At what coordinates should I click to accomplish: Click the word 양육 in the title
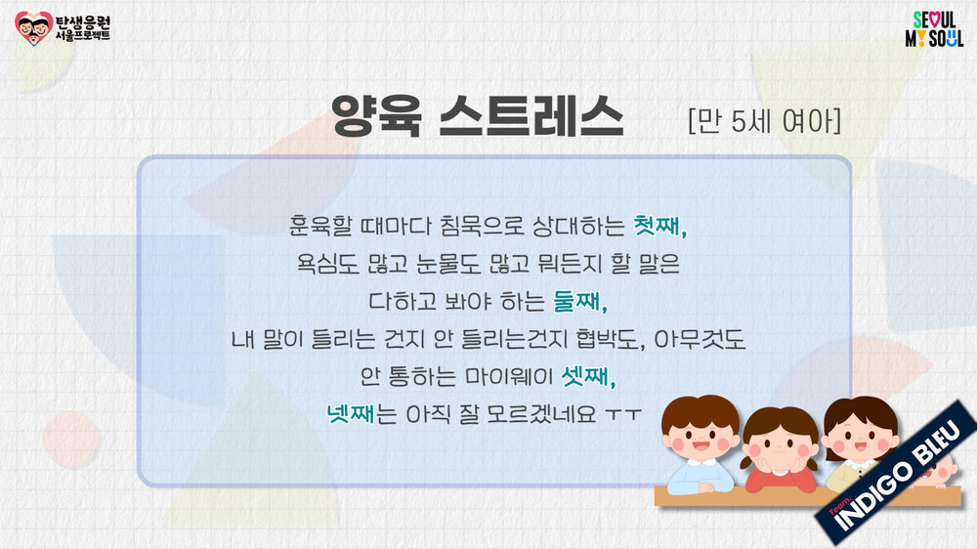376,116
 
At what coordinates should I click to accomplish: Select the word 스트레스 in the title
531,116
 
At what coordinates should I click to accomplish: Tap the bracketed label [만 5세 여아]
765,120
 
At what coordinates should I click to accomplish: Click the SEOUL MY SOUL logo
934,28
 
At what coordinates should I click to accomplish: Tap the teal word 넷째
350,413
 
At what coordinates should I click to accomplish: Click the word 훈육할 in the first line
320,226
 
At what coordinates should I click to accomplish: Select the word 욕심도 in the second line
328,264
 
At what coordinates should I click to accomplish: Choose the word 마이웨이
509,376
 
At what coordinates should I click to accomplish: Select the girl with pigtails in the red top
780,449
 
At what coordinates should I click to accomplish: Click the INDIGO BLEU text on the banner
897,476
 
